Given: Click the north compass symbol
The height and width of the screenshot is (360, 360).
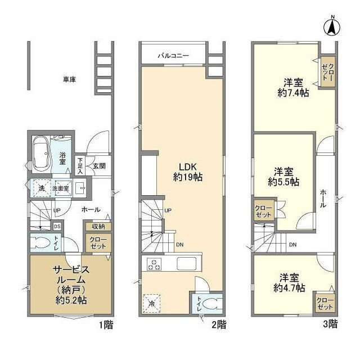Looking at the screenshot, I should [x=332, y=26].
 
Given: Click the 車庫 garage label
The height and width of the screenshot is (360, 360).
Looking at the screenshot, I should [x=70, y=79].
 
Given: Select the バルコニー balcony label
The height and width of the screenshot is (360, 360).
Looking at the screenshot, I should [x=173, y=56].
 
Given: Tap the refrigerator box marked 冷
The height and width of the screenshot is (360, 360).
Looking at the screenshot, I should [x=151, y=303].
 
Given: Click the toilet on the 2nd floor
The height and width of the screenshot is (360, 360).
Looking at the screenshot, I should [x=209, y=304].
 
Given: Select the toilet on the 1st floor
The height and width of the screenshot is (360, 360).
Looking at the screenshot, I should [x=40, y=243].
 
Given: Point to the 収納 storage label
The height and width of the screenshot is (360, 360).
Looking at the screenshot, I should [x=98, y=226].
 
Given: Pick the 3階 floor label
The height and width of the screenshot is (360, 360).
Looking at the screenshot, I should [x=330, y=325].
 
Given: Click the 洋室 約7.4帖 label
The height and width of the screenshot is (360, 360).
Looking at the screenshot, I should [x=292, y=88].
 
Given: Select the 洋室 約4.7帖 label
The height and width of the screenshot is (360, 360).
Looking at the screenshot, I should [x=290, y=282].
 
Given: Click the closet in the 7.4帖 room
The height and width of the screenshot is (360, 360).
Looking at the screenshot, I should [x=327, y=72].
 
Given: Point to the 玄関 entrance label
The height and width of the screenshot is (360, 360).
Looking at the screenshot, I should [x=100, y=165].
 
